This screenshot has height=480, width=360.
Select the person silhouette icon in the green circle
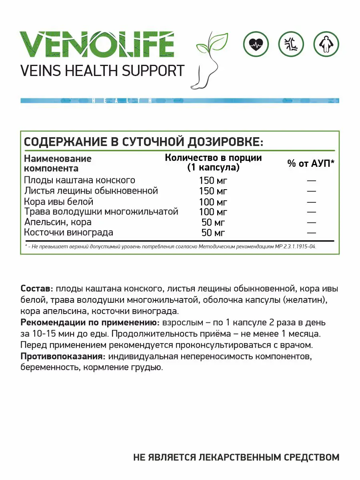[x=326, y=44]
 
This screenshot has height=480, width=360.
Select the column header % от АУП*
[x=311, y=163]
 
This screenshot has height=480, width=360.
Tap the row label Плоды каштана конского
[x=80, y=180]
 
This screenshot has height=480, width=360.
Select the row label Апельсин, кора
[x=58, y=222]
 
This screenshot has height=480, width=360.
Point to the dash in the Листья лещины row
[x=312, y=191]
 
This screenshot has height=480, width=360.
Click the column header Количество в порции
[x=213, y=158]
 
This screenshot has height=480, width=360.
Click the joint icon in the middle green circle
[x=291, y=44]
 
